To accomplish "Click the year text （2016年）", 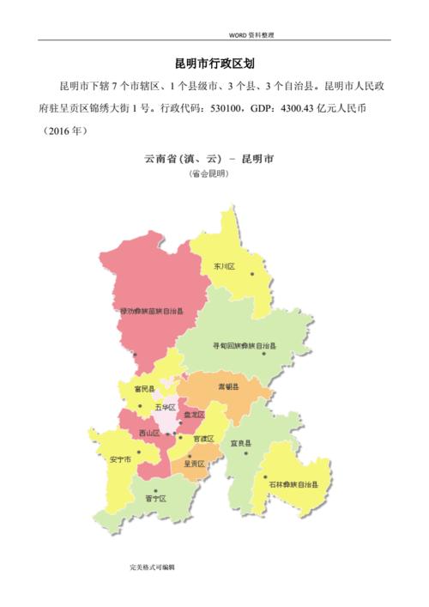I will (x=62, y=131).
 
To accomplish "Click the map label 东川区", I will (x=224, y=266).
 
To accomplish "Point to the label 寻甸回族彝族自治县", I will (x=244, y=345).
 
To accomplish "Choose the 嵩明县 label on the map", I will (x=228, y=386).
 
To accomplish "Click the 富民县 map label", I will (x=144, y=389).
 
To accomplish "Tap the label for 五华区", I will (x=166, y=406).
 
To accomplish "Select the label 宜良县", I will (x=239, y=443).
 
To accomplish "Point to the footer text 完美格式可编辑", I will (x=153, y=568).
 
